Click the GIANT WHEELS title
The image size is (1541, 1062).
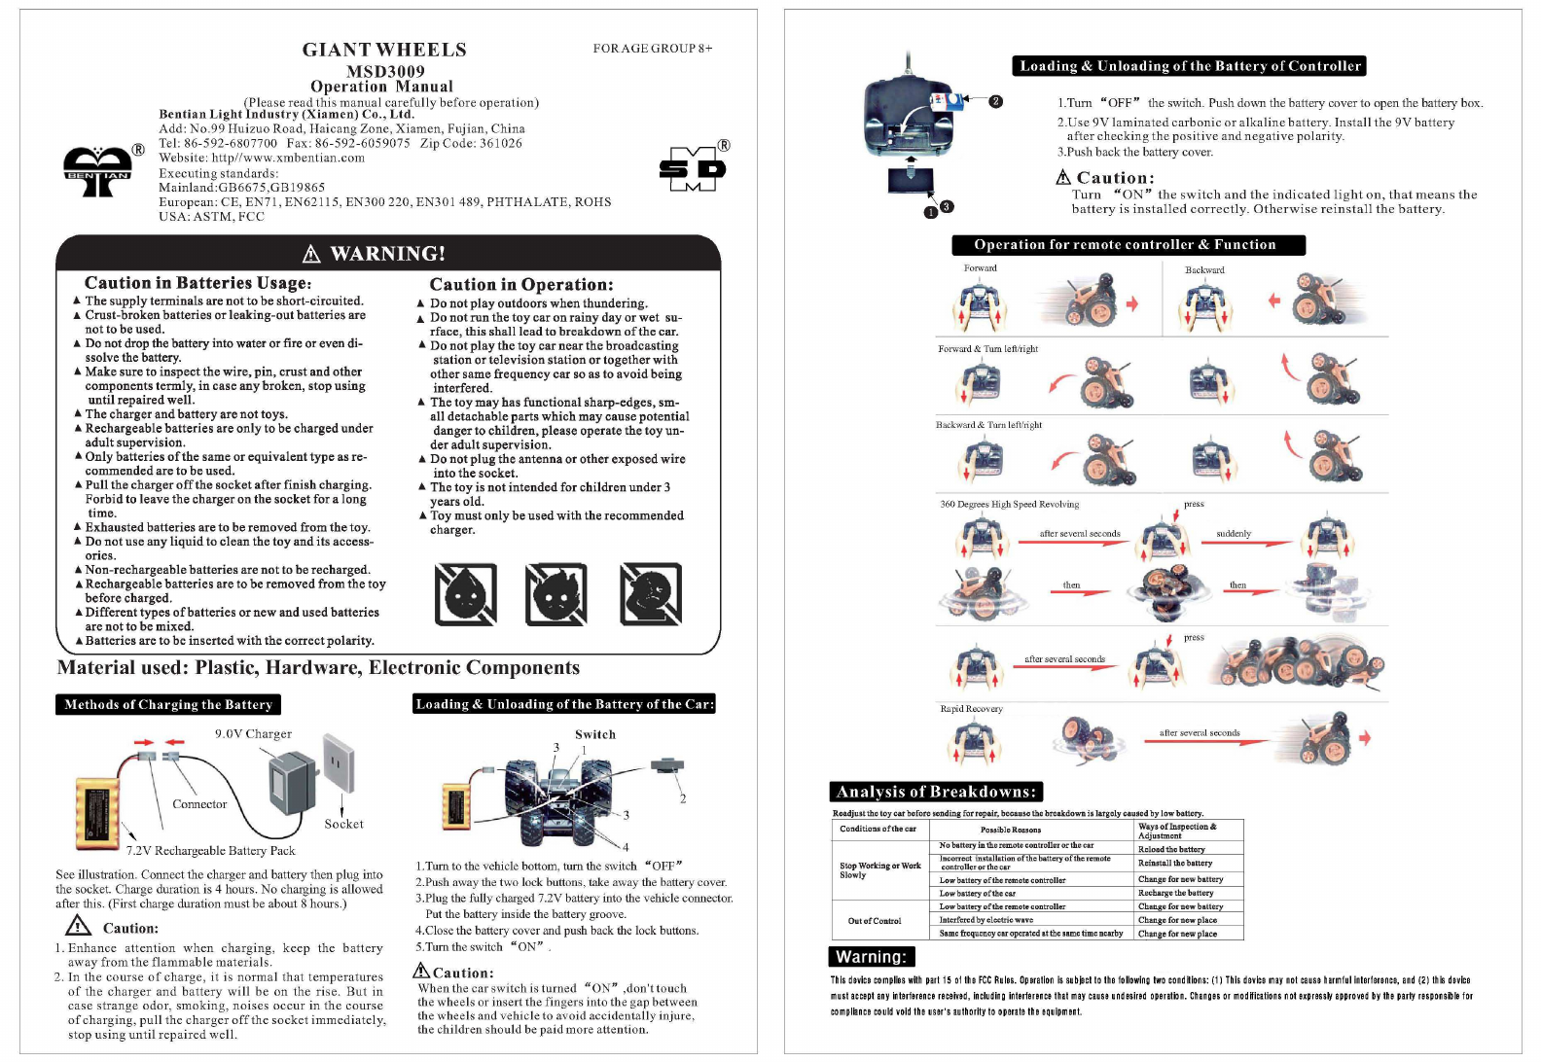384,50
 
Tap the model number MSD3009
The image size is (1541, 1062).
385,71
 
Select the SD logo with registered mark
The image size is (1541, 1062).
692,169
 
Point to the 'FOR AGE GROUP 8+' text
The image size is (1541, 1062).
653,48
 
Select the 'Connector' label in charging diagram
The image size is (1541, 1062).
199,804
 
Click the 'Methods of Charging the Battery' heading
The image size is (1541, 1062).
168,704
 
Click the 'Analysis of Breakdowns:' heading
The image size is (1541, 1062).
936,792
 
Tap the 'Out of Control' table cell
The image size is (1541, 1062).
875,920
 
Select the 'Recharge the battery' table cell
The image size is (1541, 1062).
1175,893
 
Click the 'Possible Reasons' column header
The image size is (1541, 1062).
1011,830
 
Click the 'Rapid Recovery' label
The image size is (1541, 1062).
971,708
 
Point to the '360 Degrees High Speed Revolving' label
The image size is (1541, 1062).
1009,504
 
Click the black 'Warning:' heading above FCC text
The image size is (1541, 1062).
871,957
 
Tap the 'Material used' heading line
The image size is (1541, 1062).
318,668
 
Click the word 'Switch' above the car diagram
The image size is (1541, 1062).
595,734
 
